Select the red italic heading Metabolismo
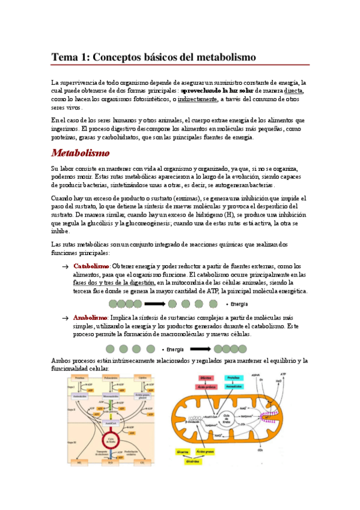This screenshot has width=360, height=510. point(80,153)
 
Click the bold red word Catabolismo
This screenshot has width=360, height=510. point(91,266)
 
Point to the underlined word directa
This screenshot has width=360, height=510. point(294,91)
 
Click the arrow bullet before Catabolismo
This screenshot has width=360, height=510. point(65,266)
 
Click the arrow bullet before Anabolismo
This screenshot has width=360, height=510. point(65,318)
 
